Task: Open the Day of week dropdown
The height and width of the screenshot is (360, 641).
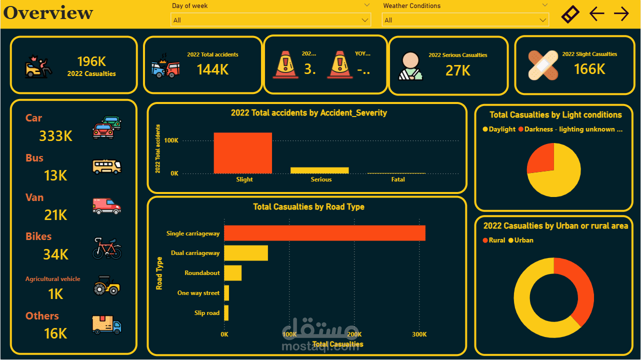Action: pos(270,20)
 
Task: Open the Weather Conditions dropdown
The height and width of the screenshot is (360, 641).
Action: pos(465,20)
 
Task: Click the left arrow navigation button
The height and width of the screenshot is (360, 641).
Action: pos(596,13)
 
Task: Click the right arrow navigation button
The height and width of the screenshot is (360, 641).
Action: pos(621,13)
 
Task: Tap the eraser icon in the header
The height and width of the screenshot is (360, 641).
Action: pos(570,13)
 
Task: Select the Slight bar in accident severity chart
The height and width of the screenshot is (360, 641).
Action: pos(242,153)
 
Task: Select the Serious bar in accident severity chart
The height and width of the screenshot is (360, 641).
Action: pos(319,170)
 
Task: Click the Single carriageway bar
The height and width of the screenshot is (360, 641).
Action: pos(324,233)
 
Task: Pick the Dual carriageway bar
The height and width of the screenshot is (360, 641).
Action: pos(246,253)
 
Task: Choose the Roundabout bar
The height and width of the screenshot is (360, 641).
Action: pos(232,273)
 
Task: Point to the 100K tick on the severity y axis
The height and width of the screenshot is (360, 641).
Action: pos(171,140)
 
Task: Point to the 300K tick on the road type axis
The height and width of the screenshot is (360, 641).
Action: pos(419,334)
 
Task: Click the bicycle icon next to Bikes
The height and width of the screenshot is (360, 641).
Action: pos(106,248)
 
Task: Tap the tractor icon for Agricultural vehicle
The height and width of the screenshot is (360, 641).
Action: pos(106,285)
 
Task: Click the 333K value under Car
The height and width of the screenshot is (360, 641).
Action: pos(55,135)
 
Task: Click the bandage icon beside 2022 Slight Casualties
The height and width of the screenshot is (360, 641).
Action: pos(542,65)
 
